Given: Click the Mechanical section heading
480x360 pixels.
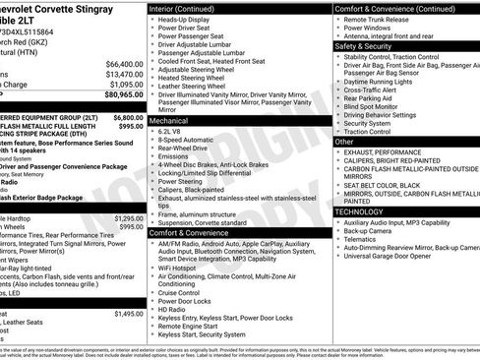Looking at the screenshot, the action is (x=169, y=119).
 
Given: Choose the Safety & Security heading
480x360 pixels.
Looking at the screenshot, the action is (x=363, y=45).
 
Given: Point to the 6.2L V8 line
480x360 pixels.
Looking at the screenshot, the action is (x=173, y=130).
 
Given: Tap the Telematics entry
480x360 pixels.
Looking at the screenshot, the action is (x=363, y=239).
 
